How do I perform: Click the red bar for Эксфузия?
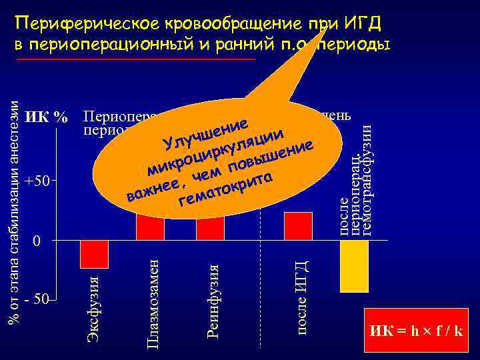(94, 253)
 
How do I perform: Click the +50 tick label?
(37, 181)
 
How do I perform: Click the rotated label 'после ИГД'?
(301, 291)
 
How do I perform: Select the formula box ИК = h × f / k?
(417, 331)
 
